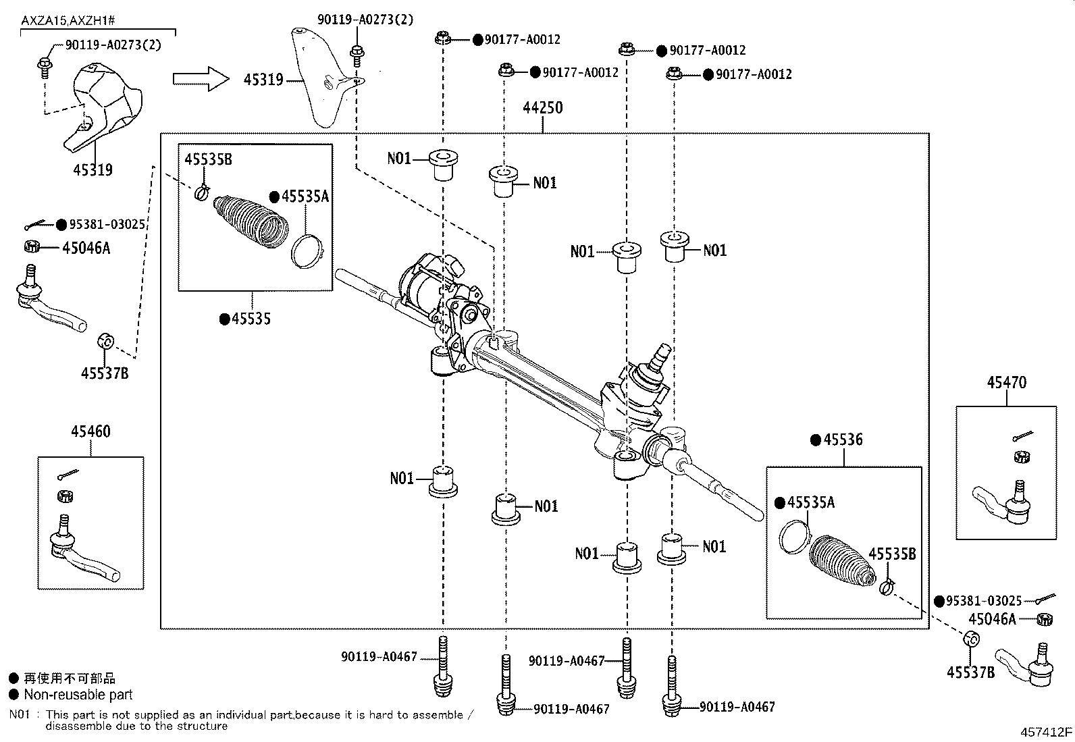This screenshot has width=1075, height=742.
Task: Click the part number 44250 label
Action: [543, 108]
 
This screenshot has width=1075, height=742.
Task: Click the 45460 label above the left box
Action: [90, 431]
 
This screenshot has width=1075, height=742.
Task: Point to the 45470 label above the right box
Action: [1006, 383]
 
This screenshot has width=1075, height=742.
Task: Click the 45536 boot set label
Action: [843, 440]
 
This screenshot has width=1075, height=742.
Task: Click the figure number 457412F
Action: [1046, 732]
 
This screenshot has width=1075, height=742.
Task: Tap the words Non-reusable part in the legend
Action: [78, 695]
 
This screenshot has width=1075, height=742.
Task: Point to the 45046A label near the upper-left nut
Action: [86, 248]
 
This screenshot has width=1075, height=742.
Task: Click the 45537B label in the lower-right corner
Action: [971, 672]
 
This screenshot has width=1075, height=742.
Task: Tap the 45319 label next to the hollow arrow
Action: [263, 80]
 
